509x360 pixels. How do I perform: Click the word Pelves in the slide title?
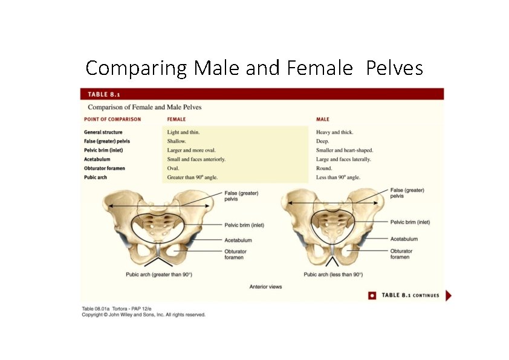point(394,68)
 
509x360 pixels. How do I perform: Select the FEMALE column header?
point(177,120)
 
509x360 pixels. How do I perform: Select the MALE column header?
point(323,120)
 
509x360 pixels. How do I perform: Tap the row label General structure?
point(103,132)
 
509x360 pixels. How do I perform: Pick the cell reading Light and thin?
point(184,132)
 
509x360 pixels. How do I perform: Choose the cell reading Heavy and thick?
point(335,132)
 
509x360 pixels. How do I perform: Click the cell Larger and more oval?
point(192,150)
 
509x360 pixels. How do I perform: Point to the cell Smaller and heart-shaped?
point(345,150)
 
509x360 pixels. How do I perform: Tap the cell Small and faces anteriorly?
point(196,159)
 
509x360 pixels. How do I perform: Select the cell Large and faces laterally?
point(343,159)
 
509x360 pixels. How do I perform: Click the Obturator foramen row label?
point(105,169)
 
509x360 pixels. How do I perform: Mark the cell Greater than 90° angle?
point(192,178)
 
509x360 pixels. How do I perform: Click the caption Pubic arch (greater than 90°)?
point(158,275)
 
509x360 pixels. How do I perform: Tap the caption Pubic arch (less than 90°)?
point(333,275)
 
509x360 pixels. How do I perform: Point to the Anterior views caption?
point(265,286)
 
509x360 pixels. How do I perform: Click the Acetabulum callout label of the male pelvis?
point(404,239)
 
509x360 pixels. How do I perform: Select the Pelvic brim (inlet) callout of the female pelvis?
point(244,225)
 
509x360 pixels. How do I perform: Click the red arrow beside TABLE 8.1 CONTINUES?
point(448,295)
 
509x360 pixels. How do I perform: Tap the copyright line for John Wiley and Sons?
point(144,315)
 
